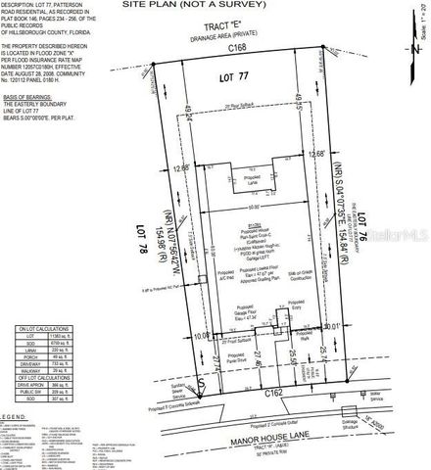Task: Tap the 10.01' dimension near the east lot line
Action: coord(334,326)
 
